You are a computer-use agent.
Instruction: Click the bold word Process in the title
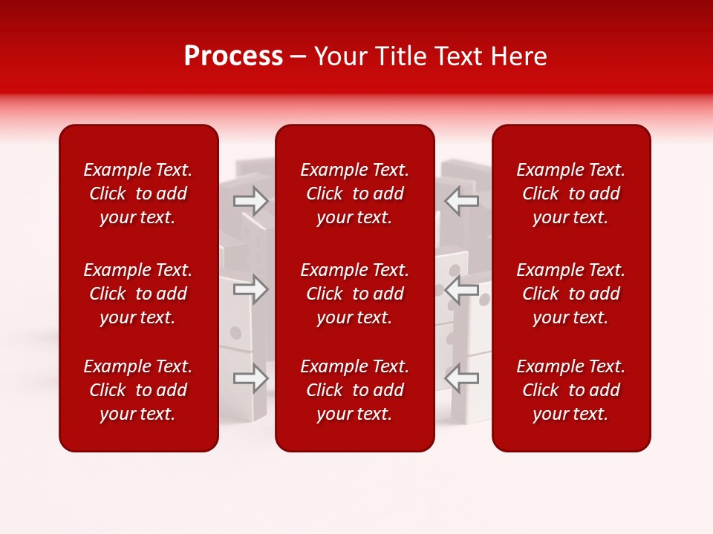233,56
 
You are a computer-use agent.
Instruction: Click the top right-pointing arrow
250,200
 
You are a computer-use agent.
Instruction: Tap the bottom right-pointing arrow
250,378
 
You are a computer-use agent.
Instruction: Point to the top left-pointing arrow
462,200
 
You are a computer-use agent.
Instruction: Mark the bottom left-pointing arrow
462,378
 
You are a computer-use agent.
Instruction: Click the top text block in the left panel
138,194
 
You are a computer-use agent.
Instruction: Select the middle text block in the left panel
138,294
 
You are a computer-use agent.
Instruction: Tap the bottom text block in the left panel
138,390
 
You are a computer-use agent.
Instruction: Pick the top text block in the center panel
355,194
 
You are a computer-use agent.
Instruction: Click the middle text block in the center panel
355,294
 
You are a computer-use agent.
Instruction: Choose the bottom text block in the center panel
355,390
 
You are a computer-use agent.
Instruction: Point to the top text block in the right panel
571,194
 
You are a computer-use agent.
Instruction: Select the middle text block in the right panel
571,294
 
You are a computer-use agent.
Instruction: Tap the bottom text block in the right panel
571,390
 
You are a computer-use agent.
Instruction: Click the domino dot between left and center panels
236,332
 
